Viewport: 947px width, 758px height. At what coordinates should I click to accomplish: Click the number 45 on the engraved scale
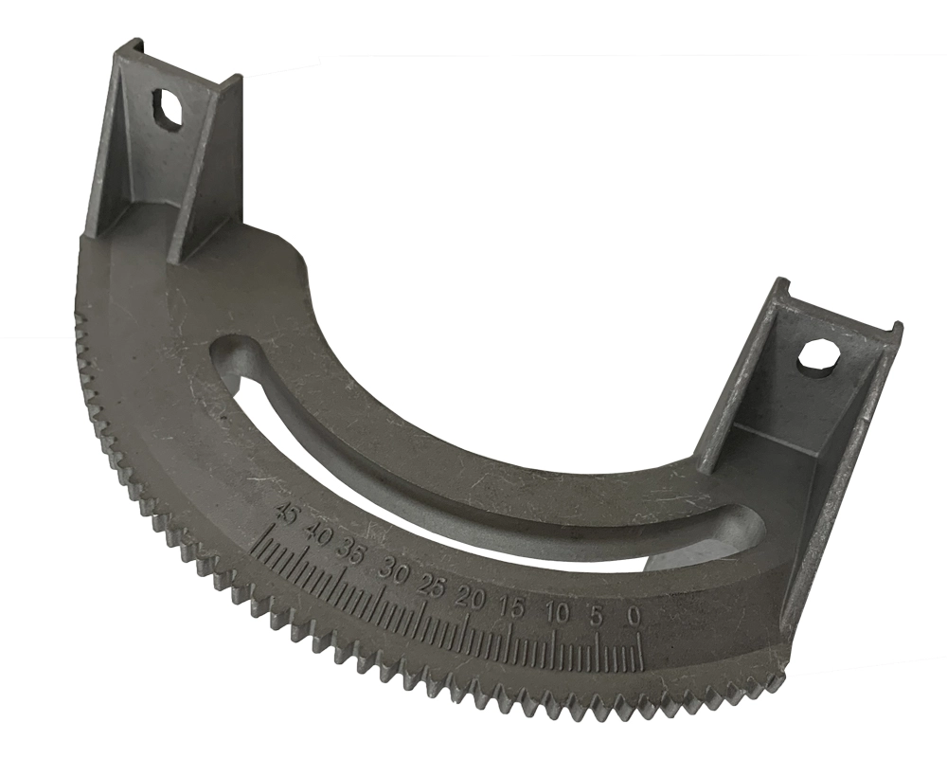pos(285,516)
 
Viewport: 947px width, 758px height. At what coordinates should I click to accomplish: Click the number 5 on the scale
pos(596,616)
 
